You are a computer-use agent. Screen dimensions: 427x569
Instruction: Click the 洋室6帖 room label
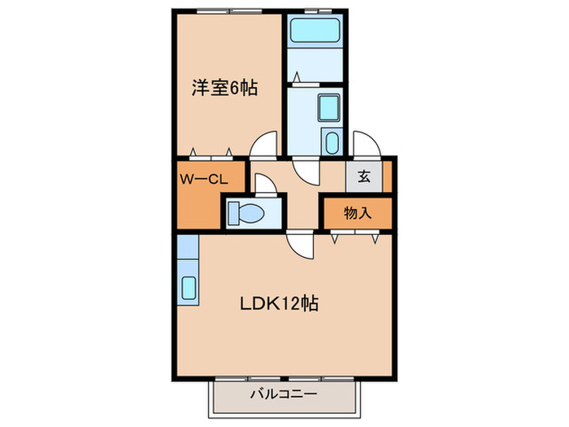[x=225, y=87]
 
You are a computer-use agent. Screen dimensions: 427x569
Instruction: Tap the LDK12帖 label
[x=278, y=303]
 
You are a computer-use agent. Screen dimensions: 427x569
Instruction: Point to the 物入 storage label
[x=358, y=214]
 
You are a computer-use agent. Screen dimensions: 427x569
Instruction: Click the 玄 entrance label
[x=363, y=176]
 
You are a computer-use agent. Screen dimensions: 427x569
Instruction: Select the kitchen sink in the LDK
[x=188, y=289]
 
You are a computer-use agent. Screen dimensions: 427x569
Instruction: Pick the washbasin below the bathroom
[x=328, y=107]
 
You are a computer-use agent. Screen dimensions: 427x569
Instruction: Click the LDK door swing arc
[x=299, y=244]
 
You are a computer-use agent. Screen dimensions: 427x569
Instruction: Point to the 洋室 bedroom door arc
[x=263, y=145]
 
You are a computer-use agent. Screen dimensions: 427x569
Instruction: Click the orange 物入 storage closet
[x=358, y=213]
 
